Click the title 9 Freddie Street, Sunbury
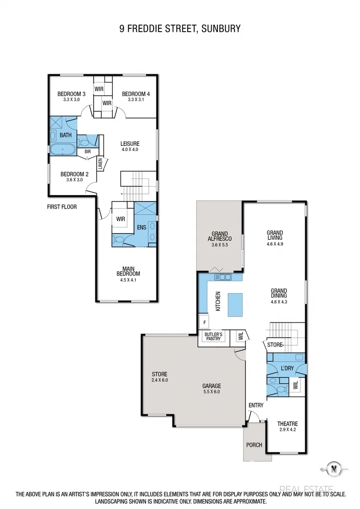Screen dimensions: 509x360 pyautogui.click(x=180, y=29)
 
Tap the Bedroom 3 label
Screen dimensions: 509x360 pyautogui.click(x=72, y=94)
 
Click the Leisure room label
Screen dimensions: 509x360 pyautogui.click(x=130, y=143)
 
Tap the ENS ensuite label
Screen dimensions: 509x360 pyautogui.click(x=141, y=227)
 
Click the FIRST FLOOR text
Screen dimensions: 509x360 pyautogui.click(x=62, y=207)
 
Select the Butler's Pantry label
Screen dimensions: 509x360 pyautogui.click(x=213, y=336)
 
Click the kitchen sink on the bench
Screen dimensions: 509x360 pyautogui.click(x=224, y=277)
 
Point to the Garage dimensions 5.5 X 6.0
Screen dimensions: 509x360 pyautogui.click(x=211, y=391)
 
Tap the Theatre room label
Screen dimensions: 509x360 pyautogui.click(x=288, y=424)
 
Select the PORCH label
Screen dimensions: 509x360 pyautogui.click(x=254, y=445)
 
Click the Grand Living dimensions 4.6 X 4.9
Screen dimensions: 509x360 pyautogui.click(x=275, y=243)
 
